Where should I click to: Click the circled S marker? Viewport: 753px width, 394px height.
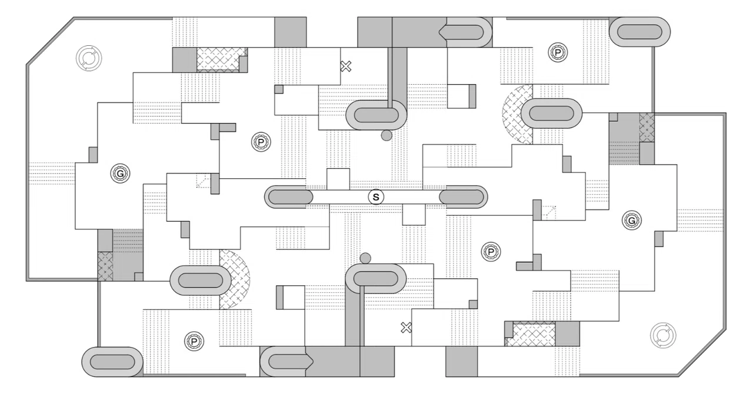click(x=376, y=197)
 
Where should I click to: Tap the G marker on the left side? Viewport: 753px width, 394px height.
click(x=121, y=173)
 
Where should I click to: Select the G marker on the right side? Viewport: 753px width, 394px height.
click(x=632, y=221)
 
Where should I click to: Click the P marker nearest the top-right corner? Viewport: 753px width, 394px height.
click(x=558, y=52)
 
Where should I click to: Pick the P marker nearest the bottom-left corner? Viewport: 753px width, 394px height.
click(x=194, y=342)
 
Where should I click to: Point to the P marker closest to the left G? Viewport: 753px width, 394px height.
click(x=261, y=142)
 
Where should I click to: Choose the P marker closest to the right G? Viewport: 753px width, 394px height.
click(x=491, y=252)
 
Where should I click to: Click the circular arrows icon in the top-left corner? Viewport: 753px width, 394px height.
click(x=89, y=58)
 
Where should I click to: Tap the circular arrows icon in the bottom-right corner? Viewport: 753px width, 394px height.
click(x=663, y=336)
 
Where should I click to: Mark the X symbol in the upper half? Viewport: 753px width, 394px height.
click(x=345, y=66)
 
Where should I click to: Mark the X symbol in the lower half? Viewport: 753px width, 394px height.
click(x=406, y=328)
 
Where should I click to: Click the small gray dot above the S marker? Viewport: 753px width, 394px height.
click(x=387, y=135)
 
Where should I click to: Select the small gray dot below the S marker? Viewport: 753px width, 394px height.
click(x=365, y=258)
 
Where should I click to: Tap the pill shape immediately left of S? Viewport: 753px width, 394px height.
click(x=289, y=197)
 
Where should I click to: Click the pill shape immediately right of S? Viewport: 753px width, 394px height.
click(x=463, y=197)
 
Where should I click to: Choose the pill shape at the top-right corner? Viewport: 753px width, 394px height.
click(x=639, y=32)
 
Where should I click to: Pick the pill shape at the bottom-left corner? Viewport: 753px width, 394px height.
click(x=112, y=362)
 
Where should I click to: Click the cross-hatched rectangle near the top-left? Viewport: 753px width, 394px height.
click(x=218, y=59)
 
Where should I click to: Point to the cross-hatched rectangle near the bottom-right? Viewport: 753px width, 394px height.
click(x=534, y=333)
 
